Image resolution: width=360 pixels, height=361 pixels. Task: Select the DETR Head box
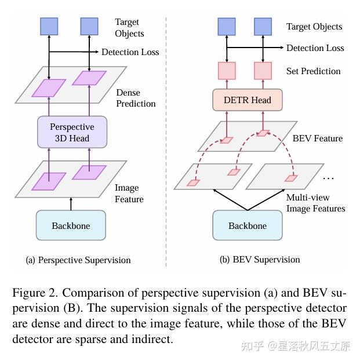click(248, 100)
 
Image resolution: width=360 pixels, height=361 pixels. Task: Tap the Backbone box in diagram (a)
click(71, 225)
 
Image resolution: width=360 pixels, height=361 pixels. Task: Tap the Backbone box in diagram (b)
click(248, 225)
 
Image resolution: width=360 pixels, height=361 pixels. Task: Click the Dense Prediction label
click(136, 98)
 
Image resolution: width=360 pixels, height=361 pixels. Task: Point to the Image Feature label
click(129, 194)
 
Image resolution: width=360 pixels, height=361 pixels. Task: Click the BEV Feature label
click(317, 138)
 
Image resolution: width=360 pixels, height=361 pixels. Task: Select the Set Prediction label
click(313, 71)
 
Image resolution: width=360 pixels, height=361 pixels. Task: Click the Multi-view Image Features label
click(315, 203)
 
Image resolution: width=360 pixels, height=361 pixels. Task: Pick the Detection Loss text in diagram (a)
click(130, 52)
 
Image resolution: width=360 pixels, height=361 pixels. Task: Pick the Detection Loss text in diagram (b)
click(315, 48)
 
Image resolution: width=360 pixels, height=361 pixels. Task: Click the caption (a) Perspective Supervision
click(78, 260)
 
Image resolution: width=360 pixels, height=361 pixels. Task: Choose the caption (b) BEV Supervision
click(260, 260)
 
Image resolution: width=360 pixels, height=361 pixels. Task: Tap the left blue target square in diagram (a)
click(49, 26)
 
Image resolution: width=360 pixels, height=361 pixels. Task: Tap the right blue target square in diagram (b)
click(263, 26)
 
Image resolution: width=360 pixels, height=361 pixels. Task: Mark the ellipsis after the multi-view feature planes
click(328, 176)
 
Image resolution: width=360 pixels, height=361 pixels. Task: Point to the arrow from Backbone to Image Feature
click(71, 203)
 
